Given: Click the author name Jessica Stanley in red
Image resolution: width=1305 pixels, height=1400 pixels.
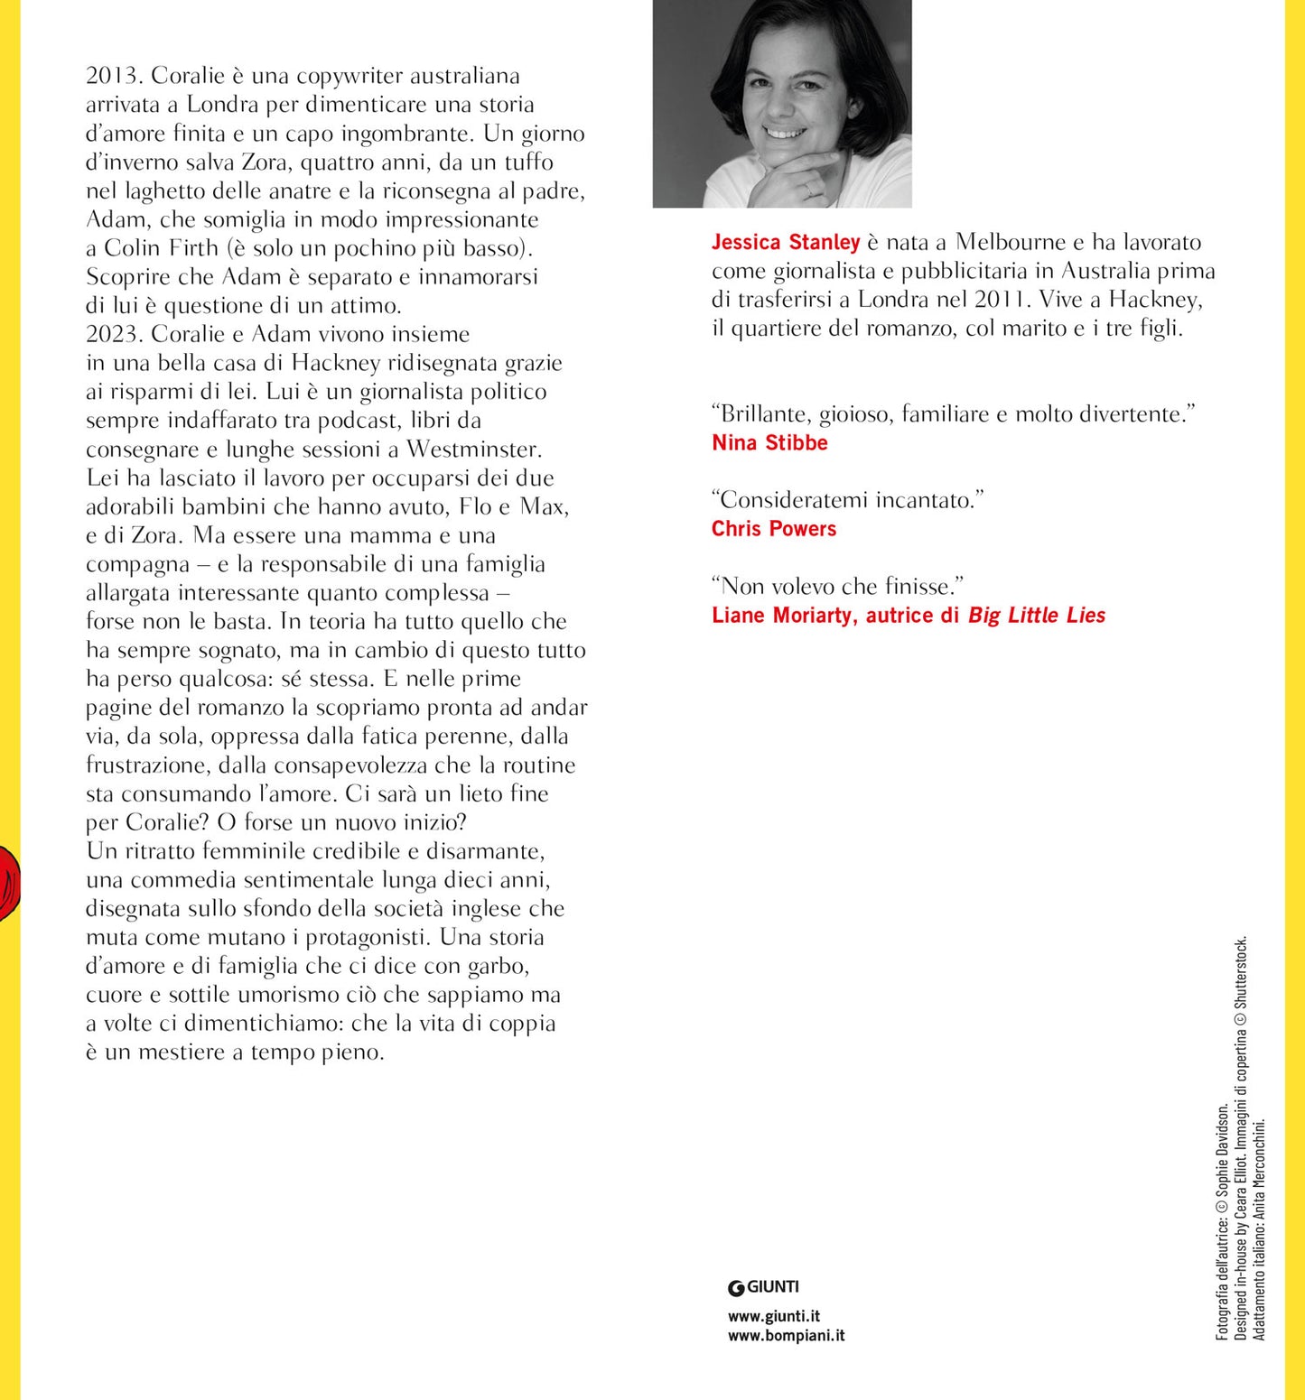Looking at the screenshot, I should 786,242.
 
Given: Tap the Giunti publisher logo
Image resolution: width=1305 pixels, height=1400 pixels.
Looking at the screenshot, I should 763,1287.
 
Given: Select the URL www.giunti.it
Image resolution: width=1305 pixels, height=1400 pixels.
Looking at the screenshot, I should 774,1316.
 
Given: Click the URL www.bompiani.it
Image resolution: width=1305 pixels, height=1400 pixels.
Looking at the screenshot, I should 786,1335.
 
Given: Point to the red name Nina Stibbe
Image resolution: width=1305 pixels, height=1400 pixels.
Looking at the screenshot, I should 769,442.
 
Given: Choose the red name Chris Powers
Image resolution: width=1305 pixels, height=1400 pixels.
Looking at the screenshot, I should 774,529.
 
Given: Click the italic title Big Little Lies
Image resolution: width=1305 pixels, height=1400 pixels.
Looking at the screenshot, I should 1037,616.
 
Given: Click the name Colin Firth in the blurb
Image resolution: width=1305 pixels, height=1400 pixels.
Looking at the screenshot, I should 162,248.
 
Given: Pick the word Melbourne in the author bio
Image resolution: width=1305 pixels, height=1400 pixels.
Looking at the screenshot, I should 1011,242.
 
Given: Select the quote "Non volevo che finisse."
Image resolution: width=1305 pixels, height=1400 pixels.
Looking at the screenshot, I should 838,587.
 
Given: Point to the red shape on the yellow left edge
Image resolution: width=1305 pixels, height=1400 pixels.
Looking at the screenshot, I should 9,882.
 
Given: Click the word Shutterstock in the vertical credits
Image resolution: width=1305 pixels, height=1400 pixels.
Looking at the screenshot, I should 1241,972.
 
